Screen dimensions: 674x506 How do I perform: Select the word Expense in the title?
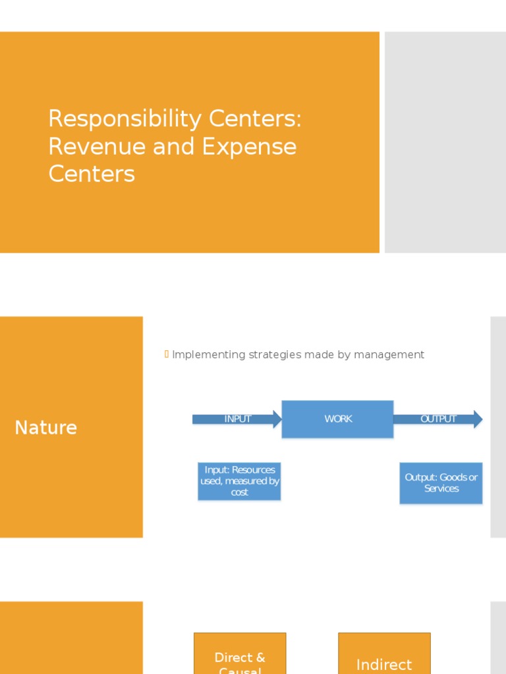pos(249,147)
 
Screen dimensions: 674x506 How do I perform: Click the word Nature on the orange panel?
pos(46,428)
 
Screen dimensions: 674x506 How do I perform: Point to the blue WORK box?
pos(338,419)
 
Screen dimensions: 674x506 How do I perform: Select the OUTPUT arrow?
pos(438,419)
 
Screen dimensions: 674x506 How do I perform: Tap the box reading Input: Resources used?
pos(240,481)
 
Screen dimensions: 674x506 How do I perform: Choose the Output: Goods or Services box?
pos(441,482)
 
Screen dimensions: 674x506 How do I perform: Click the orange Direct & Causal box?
pos(240,655)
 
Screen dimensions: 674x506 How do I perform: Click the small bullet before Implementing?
pos(167,355)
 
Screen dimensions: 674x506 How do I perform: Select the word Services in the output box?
pos(441,488)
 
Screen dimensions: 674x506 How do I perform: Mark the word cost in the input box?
pos(240,492)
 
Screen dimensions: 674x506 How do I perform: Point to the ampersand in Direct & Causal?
pos(260,658)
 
